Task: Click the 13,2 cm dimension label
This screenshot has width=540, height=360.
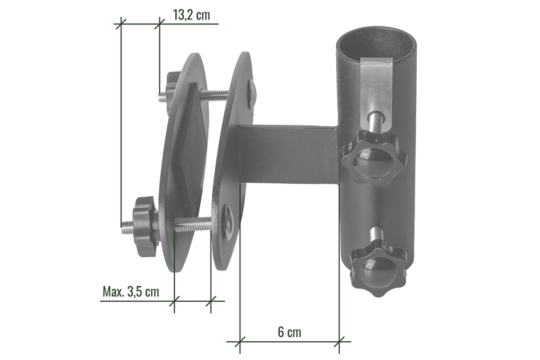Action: [x=191, y=16]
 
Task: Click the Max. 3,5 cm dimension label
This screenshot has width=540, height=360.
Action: [x=130, y=292]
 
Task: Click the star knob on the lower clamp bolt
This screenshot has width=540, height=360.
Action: [x=142, y=226]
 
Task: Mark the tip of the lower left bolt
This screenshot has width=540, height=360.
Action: [x=123, y=229]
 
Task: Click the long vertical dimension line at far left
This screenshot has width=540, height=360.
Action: [x=121, y=125]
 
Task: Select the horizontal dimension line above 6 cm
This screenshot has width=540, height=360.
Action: [x=289, y=342]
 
